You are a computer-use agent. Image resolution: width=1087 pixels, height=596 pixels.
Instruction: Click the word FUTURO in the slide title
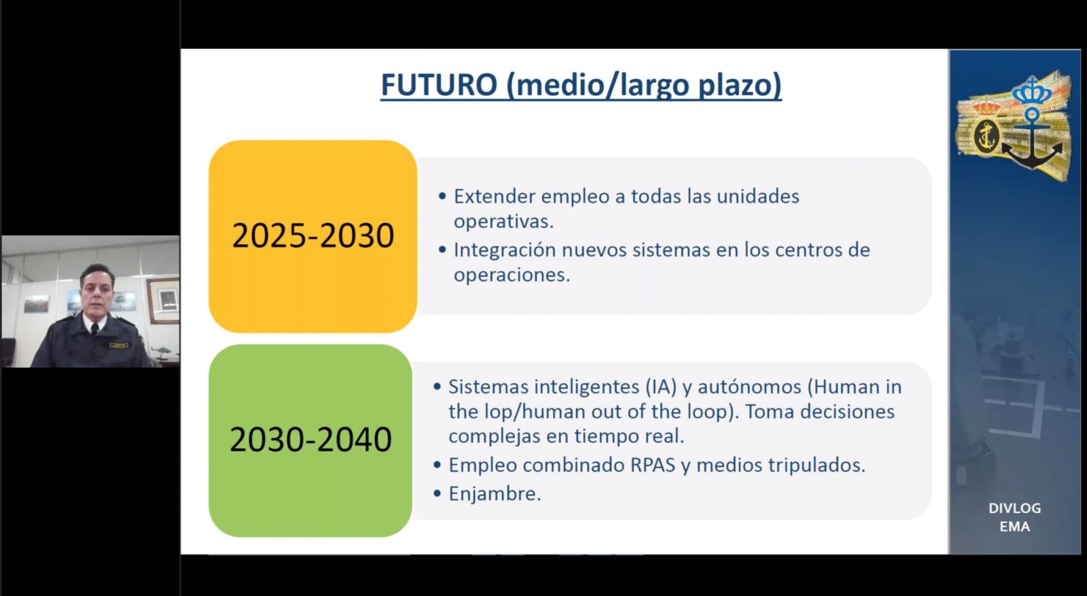pyautogui.click(x=439, y=84)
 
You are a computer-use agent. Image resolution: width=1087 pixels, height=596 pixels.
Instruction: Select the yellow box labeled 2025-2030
pyautogui.click(x=313, y=236)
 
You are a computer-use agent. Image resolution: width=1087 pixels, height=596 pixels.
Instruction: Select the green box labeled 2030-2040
pyautogui.click(x=310, y=440)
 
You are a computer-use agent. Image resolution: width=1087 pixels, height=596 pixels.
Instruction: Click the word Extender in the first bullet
pyautogui.click(x=495, y=196)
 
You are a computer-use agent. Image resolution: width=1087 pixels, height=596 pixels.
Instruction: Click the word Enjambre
pyautogui.click(x=495, y=494)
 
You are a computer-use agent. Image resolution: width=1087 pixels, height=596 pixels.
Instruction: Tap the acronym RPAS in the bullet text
pyautogui.click(x=653, y=465)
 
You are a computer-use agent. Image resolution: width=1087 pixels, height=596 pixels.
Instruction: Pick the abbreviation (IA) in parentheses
pyautogui.click(x=661, y=387)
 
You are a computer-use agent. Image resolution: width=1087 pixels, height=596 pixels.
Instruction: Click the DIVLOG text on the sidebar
pyautogui.click(x=1015, y=508)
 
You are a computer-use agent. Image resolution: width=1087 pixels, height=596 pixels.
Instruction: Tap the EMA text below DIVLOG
pyautogui.click(x=1015, y=527)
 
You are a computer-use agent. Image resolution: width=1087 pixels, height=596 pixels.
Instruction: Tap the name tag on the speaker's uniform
pyautogui.click(x=118, y=345)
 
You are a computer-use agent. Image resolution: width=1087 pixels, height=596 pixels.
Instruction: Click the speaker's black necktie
pyautogui.click(x=94, y=330)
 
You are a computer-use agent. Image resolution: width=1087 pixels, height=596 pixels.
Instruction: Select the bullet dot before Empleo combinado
pyautogui.click(x=438, y=465)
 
